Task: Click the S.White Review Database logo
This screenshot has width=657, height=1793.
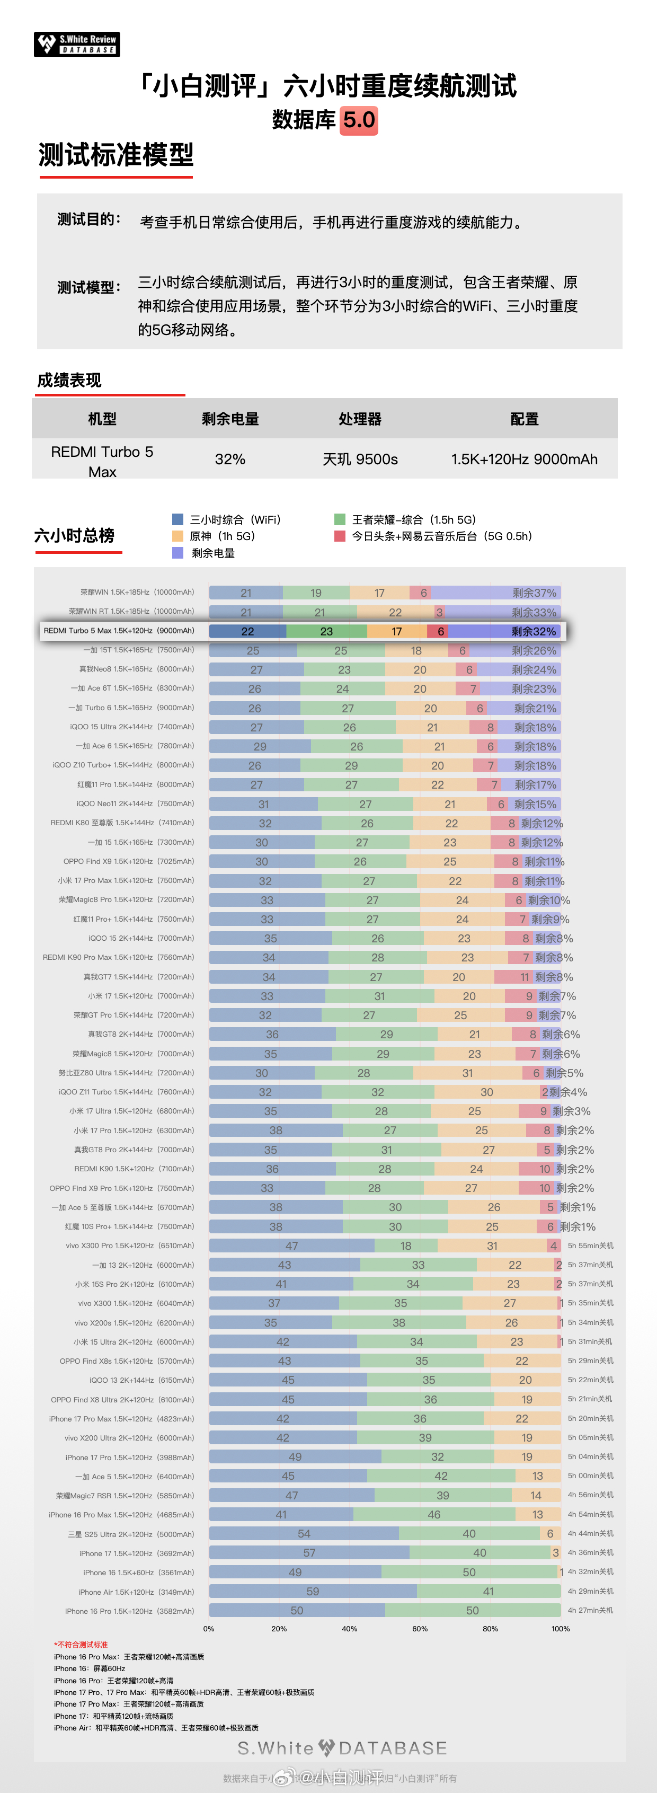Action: tap(76, 45)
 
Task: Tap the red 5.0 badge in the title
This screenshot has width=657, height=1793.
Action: tap(359, 120)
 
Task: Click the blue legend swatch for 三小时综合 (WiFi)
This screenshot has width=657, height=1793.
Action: tap(177, 519)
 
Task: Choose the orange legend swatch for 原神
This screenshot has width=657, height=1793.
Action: tap(177, 536)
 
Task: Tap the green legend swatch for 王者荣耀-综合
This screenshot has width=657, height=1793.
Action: tap(340, 519)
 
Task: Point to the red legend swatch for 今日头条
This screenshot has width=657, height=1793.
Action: tap(340, 536)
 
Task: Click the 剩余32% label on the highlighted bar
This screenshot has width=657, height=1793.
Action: tap(533, 631)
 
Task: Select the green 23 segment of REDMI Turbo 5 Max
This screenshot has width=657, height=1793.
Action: tap(326, 631)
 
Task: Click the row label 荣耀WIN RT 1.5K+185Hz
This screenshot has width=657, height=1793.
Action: tap(131, 612)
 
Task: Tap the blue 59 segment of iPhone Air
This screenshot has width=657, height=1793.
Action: tap(313, 1591)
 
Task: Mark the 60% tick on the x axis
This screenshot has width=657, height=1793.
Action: tap(420, 1629)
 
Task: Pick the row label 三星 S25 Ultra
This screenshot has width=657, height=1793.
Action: tap(131, 1534)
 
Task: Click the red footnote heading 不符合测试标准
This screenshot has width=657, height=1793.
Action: tap(82, 1645)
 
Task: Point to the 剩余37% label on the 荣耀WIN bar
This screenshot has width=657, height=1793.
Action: tap(534, 593)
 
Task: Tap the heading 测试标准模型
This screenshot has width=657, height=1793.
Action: tap(116, 155)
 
